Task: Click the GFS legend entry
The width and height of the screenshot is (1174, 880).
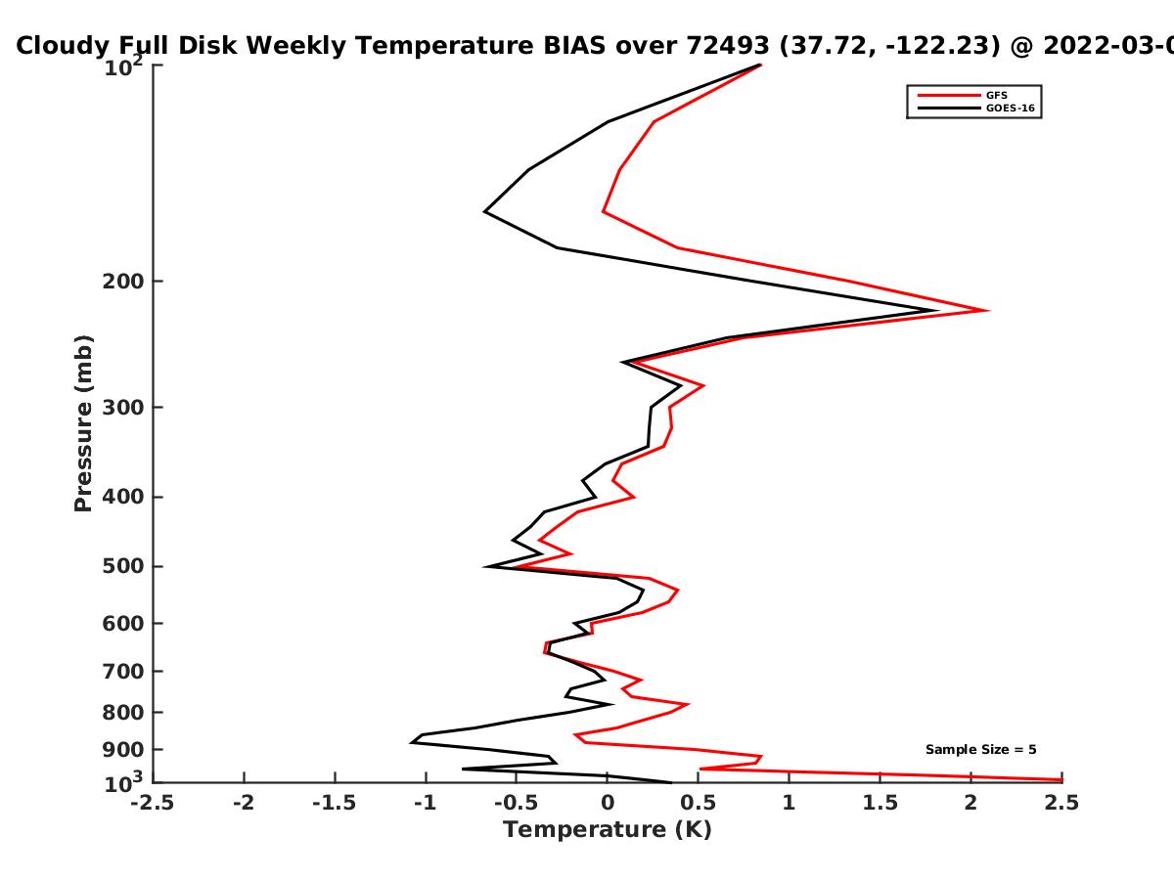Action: (x=963, y=95)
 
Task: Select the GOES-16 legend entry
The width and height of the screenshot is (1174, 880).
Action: (x=976, y=108)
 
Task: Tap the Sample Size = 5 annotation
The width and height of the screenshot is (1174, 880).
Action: (x=981, y=750)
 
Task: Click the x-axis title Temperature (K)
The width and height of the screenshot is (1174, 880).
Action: (x=608, y=830)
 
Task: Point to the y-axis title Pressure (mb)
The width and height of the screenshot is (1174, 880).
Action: (x=83, y=423)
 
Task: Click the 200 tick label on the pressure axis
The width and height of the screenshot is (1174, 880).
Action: (x=123, y=281)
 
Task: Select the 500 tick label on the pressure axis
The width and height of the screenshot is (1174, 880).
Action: (x=123, y=566)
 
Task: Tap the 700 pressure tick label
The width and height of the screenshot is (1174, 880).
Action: (x=123, y=671)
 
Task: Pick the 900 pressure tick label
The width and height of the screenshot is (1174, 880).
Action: (x=123, y=750)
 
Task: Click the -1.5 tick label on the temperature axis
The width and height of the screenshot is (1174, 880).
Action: (x=335, y=803)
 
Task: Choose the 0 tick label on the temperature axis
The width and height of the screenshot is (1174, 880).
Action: (x=608, y=803)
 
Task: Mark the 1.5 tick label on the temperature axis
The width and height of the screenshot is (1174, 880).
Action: (x=880, y=803)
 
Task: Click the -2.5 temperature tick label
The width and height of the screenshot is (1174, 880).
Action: (x=153, y=803)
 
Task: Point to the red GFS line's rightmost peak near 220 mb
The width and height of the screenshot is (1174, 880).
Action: (x=987, y=310)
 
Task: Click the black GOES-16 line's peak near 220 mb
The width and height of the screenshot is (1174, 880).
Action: (x=936, y=310)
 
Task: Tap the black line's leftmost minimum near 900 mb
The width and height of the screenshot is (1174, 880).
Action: (x=411, y=743)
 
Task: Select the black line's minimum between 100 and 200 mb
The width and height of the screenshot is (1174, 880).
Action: (x=484, y=211)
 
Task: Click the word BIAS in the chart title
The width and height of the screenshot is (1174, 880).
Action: (x=574, y=45)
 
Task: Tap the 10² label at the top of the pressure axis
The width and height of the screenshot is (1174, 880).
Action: (x=123, y=66)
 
